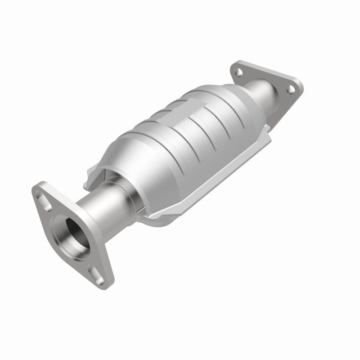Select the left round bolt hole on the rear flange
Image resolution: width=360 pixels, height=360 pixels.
click(x=238, y=71)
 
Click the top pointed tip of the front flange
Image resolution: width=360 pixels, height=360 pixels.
click(x=39, y=187)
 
